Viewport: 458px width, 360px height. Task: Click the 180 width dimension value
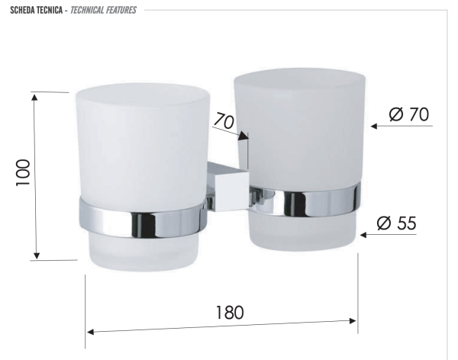point(228,313)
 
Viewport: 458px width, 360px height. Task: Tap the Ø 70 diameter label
point(408,114)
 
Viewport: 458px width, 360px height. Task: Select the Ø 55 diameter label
point(396,223)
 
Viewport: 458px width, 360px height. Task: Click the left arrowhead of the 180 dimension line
point(90,332)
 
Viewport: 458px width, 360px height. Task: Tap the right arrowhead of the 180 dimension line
point(353,321)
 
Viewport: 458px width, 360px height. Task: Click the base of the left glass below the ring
point(141,252)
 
